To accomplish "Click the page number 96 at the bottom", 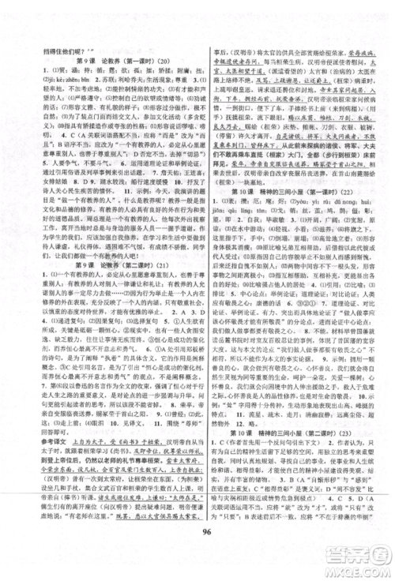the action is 197,551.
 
